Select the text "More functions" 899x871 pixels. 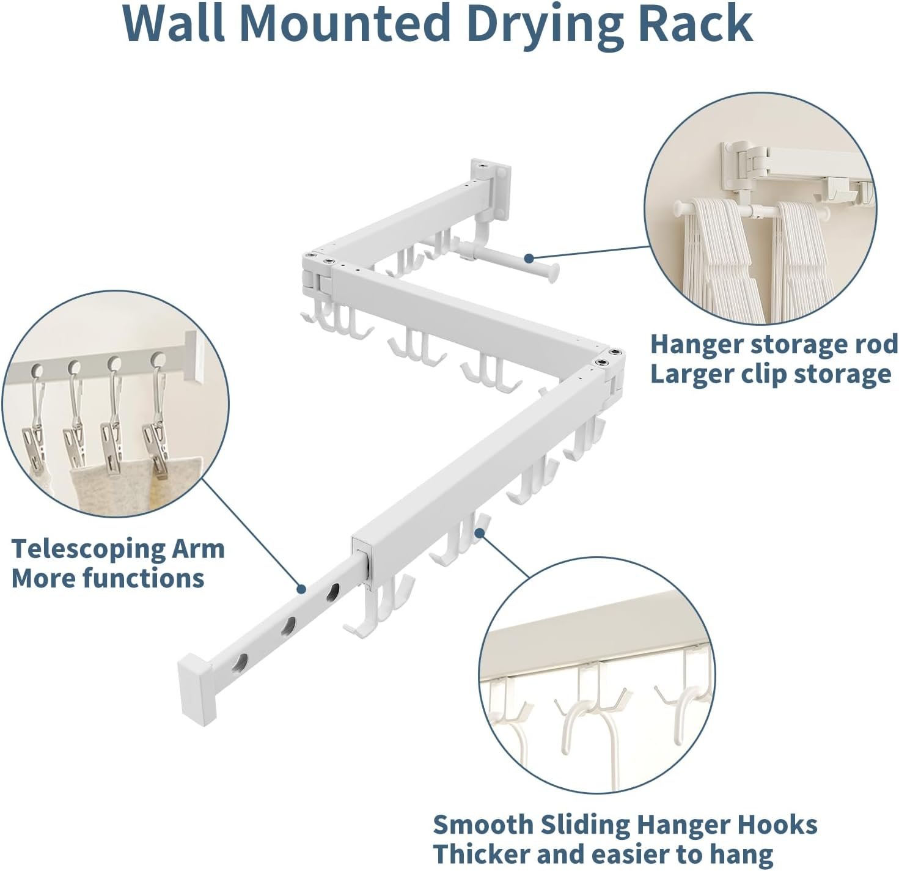[108, 578]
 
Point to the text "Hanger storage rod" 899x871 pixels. [774, 345]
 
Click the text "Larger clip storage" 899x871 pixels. [770, 374]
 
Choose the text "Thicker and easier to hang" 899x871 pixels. [603, 854]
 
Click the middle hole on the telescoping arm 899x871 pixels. [288, 626]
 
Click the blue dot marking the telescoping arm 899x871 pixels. [301, 589]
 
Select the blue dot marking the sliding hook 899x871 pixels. [480, 533]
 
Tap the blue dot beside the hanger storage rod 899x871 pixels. [530, 259]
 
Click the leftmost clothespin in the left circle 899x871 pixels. [34, 440]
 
